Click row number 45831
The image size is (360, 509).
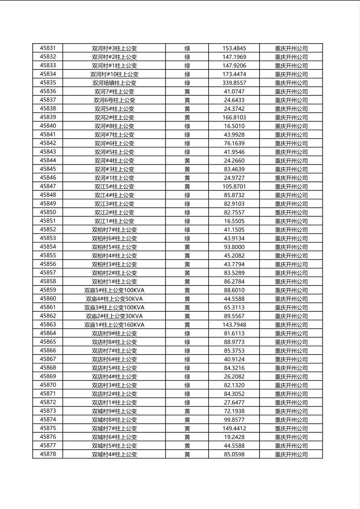click(x=48, y=48)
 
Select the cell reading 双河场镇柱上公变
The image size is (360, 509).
click(x=114, y=83)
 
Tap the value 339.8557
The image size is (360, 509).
click(x=234, y=83)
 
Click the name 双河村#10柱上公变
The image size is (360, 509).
click(x=114, y=74)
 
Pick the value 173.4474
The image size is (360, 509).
click(x=234, y=74)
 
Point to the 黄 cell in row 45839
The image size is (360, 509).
click(x=187, y=117)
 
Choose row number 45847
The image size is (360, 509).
click(x=48, y=186)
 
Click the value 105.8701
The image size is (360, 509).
click(x=234, y=186)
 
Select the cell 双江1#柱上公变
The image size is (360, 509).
click(x=114, y=221)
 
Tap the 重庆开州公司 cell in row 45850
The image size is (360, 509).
click(x=291, y=212)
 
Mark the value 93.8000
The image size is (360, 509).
click(x=234, y=247)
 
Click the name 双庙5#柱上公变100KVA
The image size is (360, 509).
click(x=114, y=290)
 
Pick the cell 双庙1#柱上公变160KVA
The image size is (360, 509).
click(x=114, y=325)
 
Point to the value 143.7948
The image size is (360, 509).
click(x=234, y=325)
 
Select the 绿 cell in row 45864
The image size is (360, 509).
click(x=187, y=333)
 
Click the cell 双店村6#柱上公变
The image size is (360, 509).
click(x=114, y=359)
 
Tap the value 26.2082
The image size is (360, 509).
click(x=234, y=376)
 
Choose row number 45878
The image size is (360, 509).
click(x=48, y=454)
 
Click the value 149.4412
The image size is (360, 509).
click(x=234, y=428)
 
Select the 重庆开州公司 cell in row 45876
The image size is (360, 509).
click(x=291, y=437)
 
